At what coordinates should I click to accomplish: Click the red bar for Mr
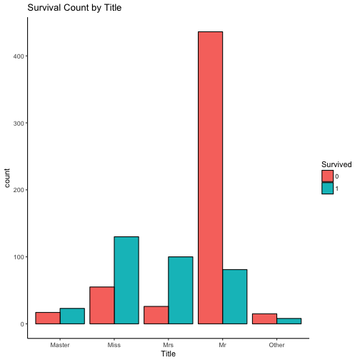pos(210,178)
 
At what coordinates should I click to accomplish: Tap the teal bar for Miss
pos(126,280)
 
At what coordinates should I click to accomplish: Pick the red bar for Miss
pos(101,305)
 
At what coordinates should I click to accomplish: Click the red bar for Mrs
pos(156,315)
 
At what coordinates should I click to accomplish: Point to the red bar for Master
pos(47,318)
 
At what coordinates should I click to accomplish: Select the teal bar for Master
pos(72,316)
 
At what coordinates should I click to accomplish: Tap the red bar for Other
pos(264,319)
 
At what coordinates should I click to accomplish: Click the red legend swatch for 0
pos(327,176)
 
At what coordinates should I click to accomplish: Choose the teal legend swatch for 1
pos(327,189)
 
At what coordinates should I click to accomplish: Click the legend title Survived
pos(336,164)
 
